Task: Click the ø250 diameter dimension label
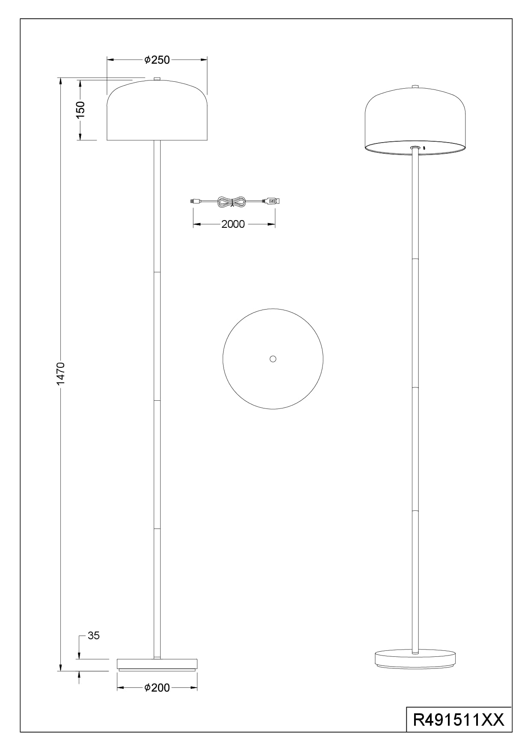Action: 157,60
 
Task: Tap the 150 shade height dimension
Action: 80,110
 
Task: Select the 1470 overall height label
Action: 60,373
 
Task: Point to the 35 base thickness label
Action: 94,636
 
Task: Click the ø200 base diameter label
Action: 157,688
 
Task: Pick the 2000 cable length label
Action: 233,224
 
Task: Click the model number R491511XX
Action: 459,719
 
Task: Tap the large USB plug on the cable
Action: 271,200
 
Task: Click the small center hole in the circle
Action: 273,359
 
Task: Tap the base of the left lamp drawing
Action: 157,665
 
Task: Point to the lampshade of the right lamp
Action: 415,121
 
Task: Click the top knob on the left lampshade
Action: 157,79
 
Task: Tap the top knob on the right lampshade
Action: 415,87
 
